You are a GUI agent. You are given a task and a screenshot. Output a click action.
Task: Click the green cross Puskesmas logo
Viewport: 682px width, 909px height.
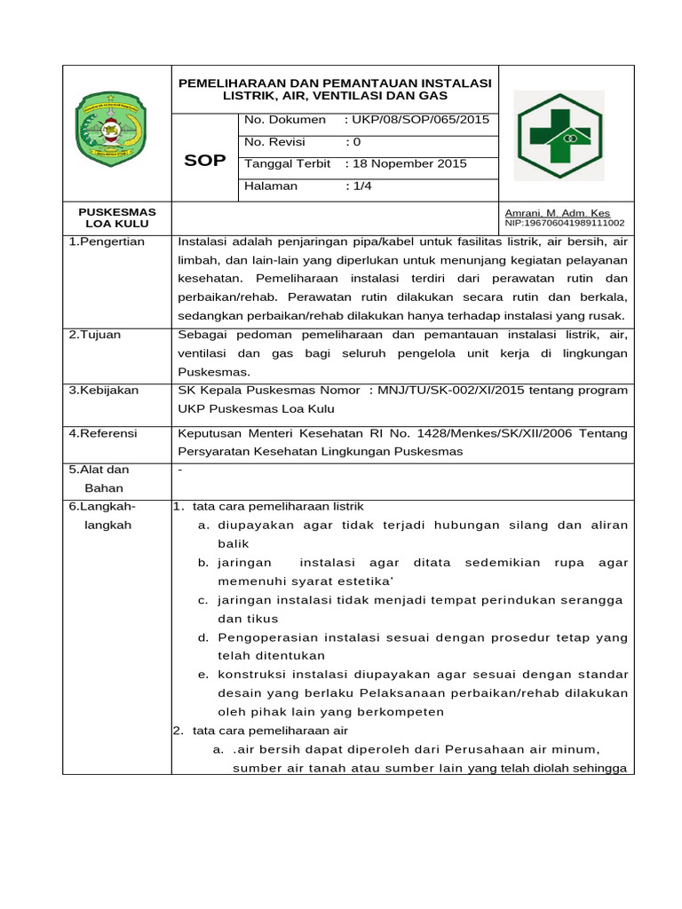[x=559, y=135]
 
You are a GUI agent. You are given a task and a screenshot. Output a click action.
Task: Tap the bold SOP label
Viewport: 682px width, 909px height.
[x=204, y=161]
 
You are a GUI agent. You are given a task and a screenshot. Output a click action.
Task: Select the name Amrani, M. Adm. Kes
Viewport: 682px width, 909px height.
[x=557, y=213]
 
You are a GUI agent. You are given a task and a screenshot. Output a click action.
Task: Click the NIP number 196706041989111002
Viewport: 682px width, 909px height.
[x=564, y=224]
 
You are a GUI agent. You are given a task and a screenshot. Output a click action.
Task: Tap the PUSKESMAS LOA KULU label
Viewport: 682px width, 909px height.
[x=117, y=218]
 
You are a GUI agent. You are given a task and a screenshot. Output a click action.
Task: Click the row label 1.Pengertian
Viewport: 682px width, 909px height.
[x=107, y=241]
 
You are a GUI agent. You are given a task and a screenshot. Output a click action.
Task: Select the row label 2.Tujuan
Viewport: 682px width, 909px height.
[x=95, y=335]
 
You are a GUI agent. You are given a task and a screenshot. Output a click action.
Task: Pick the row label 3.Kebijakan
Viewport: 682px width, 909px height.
[x=103, y=391]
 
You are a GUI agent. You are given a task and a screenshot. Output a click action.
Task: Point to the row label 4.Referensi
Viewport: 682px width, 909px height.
[x=103, y=433]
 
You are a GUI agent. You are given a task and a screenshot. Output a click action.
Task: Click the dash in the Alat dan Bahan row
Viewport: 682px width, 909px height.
[x=180, y=470]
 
